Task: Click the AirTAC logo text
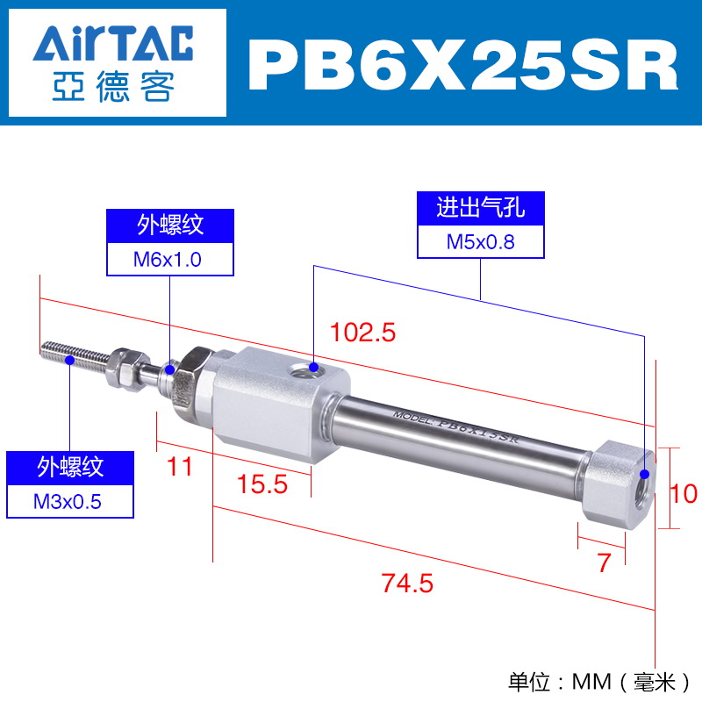click(113, 43)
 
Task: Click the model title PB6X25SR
click(463, 65)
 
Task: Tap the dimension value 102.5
click(362, 333)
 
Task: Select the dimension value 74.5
click(407, 584)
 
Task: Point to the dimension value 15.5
click(261, 484)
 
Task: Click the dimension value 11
click(180, 467)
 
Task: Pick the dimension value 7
click(604, 562)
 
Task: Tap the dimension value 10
click(684, 493)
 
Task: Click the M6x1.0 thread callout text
click(168, 260)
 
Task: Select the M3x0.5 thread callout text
click(68, 502)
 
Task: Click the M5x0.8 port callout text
click(480, 242)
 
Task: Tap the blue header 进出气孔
click(480, 208)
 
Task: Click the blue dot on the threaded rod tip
click(70, 360)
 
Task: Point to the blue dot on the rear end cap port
click(644, 474)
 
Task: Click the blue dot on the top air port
click(314, 368)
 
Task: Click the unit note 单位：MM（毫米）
click(599, 683)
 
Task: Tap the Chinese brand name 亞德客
click(113, 86)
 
